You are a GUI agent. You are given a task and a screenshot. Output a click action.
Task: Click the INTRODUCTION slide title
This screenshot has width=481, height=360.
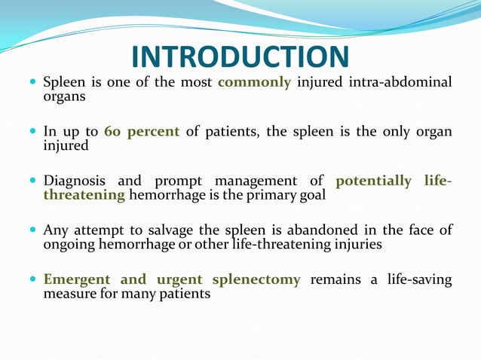click(x=240, y=56)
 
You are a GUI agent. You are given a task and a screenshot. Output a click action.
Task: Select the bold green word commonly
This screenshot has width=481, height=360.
click(x=254, y=82)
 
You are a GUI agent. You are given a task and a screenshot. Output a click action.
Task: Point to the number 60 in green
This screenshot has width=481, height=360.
click(x=112, y=132)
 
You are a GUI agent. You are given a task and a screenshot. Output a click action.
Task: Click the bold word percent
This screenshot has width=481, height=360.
click(x=153, y=133)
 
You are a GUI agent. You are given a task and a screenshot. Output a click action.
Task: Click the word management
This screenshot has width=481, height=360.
click(x=257, y=182)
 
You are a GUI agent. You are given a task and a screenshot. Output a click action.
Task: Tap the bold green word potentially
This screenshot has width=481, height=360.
click(x=373, y=182)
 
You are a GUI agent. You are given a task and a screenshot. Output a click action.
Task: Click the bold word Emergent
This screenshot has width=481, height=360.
click(x=78, y=279)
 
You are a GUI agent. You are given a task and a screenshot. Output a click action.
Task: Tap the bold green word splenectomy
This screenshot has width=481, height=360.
click(x=256, y=279)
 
